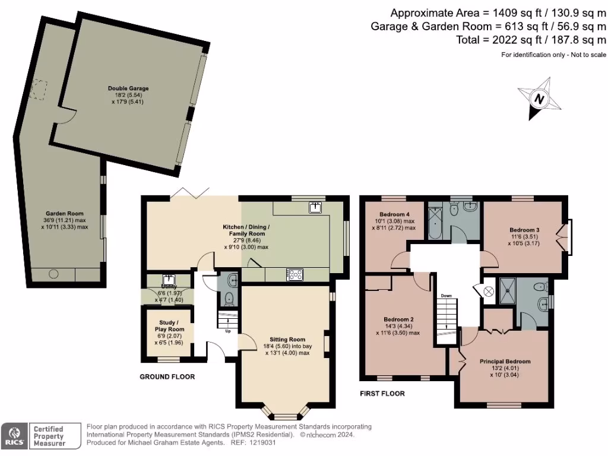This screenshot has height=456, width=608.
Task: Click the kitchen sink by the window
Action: tap(315, 207)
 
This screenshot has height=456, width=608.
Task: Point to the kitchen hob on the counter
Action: tap(294, 274)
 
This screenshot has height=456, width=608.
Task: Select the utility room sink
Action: tap(169, 278)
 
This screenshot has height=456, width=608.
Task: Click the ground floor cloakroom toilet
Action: tap(230, 300)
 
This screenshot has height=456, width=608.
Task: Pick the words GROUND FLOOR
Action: tap(167, 377)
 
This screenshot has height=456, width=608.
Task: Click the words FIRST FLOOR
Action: tap(382, 394)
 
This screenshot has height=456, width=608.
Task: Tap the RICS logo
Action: tap(12, 435)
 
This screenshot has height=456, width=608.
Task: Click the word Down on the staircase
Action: tap(446, 295)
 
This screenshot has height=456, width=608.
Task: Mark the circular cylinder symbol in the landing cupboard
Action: tap(489, 292)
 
